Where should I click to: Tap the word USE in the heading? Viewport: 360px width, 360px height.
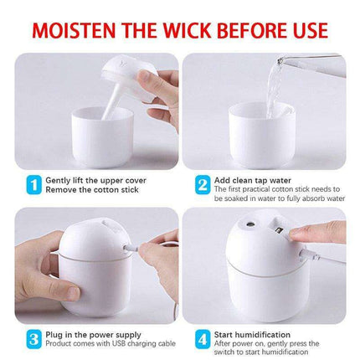tap(303, 30)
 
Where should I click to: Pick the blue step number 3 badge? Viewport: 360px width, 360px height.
tap(32, 339)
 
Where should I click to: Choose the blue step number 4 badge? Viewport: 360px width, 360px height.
tap(202, 339)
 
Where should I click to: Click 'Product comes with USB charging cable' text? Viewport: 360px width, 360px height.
tap(104, 344)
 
